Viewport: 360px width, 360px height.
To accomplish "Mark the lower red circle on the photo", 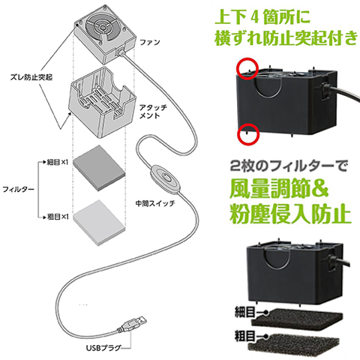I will coord(247,133).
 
